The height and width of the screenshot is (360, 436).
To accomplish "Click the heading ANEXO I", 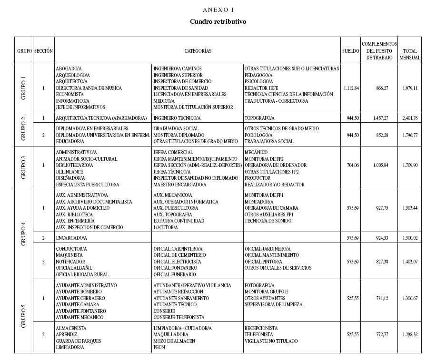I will click(x=218, y=10).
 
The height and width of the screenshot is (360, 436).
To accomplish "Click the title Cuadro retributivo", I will click(x=218, y=22).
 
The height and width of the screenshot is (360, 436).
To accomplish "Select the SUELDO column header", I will click(x=350, y=51).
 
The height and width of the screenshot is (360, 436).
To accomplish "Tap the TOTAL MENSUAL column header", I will click(x=409, y=54).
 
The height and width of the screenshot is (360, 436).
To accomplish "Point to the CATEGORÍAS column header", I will click(x=198, y=51).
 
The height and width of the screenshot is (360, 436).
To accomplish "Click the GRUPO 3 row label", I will click(x=23, y=167).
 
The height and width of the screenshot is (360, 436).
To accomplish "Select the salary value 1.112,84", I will click(x=351, y=88).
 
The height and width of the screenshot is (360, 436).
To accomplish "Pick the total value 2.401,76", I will click(x=409, y=118).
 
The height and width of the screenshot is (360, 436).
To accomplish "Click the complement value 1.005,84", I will click(x=378, y=165).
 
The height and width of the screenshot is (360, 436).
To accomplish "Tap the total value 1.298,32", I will click(x=409, y=335).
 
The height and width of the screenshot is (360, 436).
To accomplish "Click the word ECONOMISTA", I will click(x=69, y=95).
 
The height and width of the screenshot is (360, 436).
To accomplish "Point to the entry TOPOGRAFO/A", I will click(x=259, y=118).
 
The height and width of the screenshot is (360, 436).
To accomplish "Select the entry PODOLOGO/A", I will click(x=258, y=135).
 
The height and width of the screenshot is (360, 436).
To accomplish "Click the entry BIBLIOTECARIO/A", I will click(x=74, y=165).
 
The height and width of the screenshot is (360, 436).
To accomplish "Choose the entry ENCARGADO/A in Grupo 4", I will click(x=71, y=238).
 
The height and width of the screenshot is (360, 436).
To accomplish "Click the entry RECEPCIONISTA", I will click(x=261, y=329).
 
